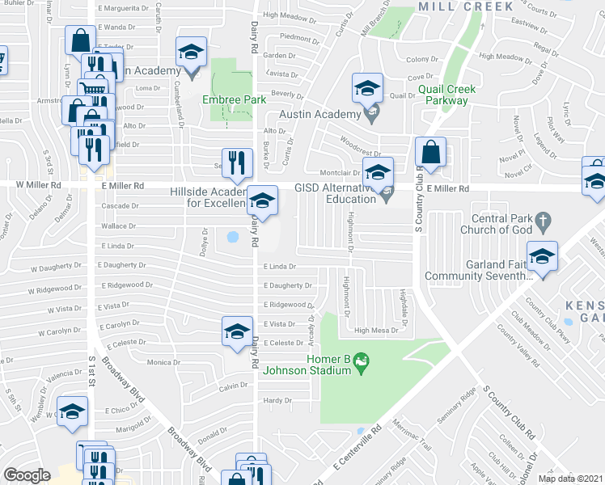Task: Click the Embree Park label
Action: click(233, 99)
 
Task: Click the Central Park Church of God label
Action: click(490, 226)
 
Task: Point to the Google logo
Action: click(27, 475)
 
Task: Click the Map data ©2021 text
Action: click(571, 479)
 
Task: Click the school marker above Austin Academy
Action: click(367, 89)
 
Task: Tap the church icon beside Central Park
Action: click(544, 218)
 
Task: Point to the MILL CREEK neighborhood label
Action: click(466, 6)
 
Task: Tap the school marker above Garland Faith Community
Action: click(542, 256)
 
